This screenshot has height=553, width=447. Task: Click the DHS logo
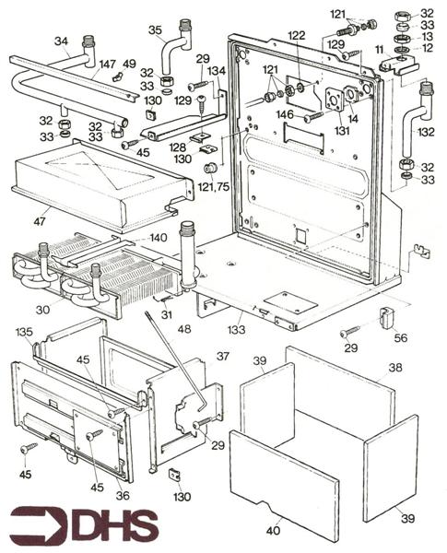point(84,524)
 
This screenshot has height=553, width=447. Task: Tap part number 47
point(40,221)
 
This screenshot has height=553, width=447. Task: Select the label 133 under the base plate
point(236,329)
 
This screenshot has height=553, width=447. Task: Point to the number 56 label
point(400,338)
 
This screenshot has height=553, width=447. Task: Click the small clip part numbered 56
point(386,318)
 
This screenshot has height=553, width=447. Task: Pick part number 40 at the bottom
point(274,530)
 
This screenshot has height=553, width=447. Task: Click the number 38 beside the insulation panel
point(394,368)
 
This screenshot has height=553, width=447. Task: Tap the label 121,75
point(214,186)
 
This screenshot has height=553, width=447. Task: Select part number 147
point(107,65)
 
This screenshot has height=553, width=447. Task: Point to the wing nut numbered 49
point(117,76)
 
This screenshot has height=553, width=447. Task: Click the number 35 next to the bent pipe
point(155,30)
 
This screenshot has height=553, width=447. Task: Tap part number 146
point(285,114)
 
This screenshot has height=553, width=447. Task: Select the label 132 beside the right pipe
point(426,132)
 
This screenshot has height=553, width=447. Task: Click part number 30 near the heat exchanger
point(42,310)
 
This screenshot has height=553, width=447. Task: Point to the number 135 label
point(24,332)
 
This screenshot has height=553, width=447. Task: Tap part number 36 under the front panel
point(123,496)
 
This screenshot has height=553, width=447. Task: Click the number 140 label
point(159,238)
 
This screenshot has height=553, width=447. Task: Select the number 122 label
point(297,36)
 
